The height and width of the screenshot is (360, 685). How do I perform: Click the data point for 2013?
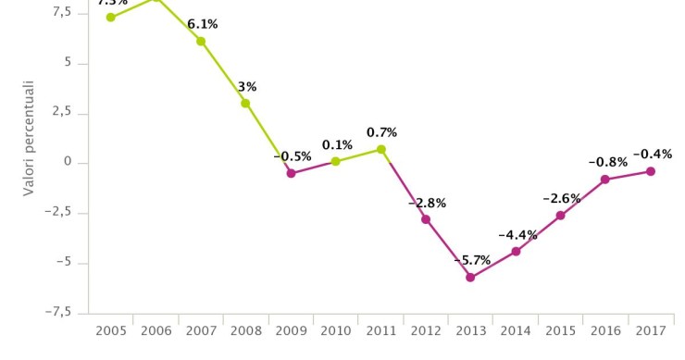[470, 277]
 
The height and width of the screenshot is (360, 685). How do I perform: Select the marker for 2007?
[201, 41]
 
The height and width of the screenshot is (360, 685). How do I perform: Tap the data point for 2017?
[651, 171]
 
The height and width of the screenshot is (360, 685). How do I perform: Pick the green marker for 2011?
[380, 149]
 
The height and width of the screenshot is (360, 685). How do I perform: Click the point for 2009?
[291, 173]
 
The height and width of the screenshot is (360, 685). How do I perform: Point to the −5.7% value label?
[472, 260]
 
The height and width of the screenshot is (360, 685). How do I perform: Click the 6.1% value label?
[203, 24]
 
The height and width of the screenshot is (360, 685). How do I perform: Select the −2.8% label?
[427, 203]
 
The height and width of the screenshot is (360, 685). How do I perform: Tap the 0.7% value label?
[381, 132]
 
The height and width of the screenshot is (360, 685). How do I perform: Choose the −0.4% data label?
[653, 155]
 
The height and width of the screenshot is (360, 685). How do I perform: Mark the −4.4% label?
[517, 235]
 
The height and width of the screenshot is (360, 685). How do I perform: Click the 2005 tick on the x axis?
[111, 331]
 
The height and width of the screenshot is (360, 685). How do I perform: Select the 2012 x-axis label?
[426, 331]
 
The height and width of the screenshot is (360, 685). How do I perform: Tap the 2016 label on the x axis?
[605, 331]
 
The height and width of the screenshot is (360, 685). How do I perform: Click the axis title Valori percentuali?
[30, 138]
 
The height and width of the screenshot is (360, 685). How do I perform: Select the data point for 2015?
[560, 216]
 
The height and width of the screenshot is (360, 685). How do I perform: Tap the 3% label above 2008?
[247, 87]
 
